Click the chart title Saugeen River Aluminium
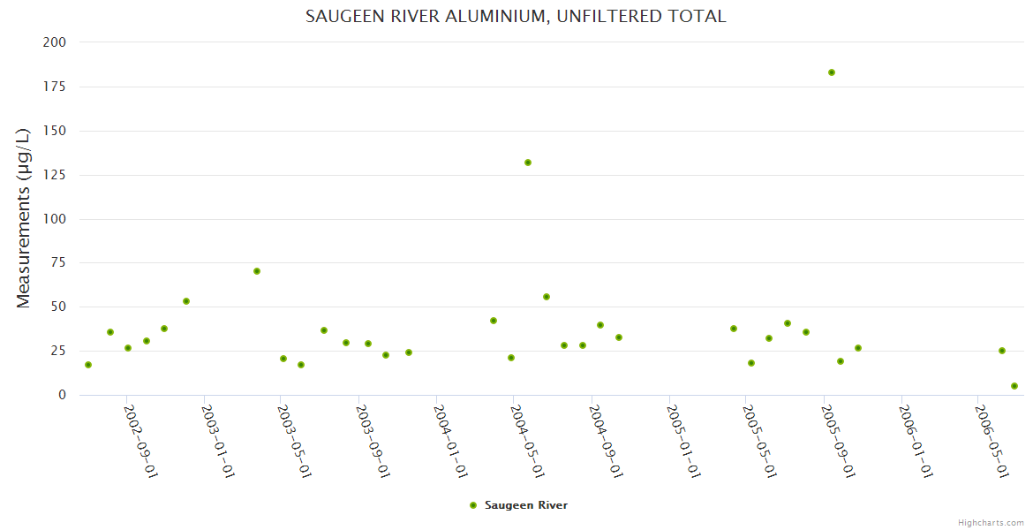click(x=516, y=16)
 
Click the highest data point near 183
click(x=832, y=72)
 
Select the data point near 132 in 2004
click(x=528, y=163)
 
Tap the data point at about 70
click(x=257, y=271)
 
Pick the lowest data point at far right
click(x=1014, y=386)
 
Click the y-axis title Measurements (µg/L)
click(x=24, y=217)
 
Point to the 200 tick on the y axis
click(x=55, y=42)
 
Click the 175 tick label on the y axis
click(x=55, y=87)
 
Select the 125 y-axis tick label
click(x=55, y=175)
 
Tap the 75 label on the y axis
click(x=58, y=263)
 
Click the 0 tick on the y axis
click(x=62, y=395)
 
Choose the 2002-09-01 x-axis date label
click(x=140, y=441)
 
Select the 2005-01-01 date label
click(x=682, y=441)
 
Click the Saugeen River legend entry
click(x=518, y=505)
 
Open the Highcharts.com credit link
click(x=991, y=522)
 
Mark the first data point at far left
click(x=88, y=365)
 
